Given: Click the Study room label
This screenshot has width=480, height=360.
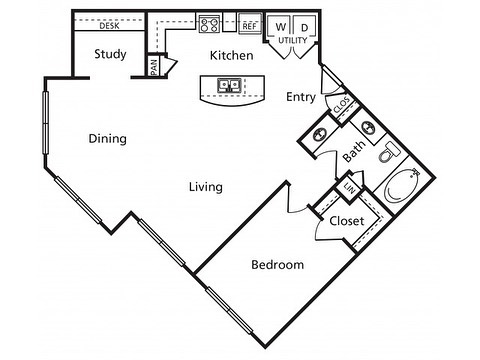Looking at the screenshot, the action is point(110,54).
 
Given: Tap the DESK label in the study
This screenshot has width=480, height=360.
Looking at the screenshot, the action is point(109,26).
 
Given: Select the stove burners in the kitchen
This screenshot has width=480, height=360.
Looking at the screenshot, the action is point(209,24).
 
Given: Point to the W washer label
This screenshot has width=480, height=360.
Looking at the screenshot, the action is point(281,27).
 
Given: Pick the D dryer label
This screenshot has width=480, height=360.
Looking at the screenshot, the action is point(305,27).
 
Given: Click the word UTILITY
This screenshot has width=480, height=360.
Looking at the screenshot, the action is point(293,40).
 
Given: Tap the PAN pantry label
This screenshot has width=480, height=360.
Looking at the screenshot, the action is point(154,67).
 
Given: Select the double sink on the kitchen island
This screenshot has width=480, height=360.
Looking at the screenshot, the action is point(229,85).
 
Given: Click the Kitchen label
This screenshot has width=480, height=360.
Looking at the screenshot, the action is point(232,55).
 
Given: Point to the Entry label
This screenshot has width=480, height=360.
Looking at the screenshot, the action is point(301,97).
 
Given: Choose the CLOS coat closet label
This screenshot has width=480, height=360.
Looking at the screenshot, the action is point(342,105).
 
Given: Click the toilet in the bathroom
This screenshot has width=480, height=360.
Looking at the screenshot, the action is point(389,152).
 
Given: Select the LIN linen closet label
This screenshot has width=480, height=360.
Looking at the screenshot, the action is point(349,189).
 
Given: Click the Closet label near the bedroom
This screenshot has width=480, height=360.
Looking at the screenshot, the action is point(347,221).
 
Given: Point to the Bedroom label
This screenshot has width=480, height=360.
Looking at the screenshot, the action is point(278,265).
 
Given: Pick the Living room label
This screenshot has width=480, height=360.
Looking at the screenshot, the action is point(206,187).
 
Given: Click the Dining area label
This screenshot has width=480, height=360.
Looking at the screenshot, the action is point(108,139).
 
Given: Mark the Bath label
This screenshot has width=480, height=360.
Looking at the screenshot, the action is point(354,151).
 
